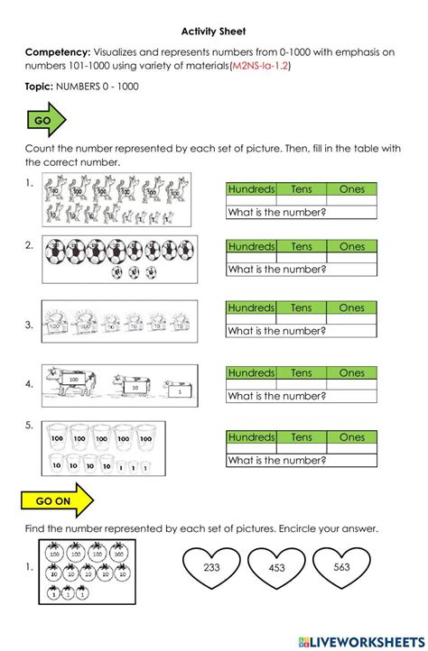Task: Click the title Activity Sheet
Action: [214, 29]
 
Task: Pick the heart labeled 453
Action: [277, 568]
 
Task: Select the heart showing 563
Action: [341, 568]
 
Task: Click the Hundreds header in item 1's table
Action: [251, 189]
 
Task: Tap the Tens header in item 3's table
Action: [301, 308]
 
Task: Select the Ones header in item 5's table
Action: [351, 437]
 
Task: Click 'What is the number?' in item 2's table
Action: [276, 269]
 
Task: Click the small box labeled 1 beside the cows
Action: [179, 390]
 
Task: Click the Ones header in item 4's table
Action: [351, 373]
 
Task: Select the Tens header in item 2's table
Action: [301, 246]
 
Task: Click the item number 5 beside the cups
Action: [29, 425]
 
